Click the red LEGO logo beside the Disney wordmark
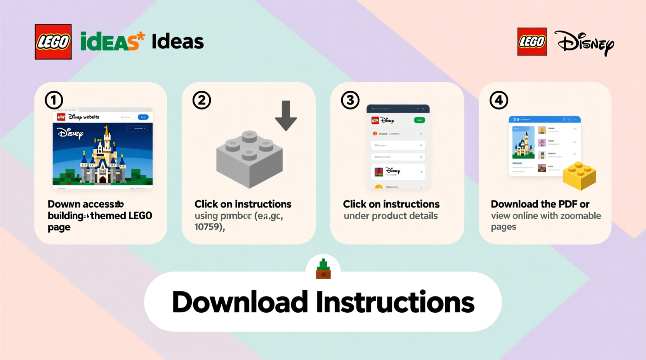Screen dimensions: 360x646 (532, 42)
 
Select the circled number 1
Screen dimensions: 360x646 (54, 100)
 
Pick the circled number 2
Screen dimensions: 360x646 (201, 100)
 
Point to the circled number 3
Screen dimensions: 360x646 (350, 100)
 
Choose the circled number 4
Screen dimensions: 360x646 (498, 100)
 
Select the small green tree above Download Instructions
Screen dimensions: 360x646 (323, 268)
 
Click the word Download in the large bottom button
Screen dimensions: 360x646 (240, 302)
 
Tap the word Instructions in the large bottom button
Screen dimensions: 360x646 (395, 302)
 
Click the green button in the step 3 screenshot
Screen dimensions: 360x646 (419, 120)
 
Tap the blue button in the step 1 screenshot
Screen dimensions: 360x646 (143, 117)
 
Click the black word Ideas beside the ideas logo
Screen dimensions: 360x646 (177, 42)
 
